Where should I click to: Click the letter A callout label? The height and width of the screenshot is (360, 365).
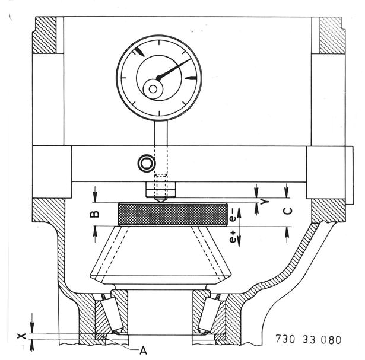(143, 351)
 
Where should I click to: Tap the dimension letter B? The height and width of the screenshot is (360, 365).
(95, 215)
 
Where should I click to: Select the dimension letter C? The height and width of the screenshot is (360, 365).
(288, 211)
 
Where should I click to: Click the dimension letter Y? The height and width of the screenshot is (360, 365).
(265, 202)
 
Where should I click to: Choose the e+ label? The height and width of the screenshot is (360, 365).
(233, 237)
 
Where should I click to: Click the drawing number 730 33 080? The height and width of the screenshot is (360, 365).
(308, 339)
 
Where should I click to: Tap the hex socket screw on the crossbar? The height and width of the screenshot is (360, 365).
(147, 163)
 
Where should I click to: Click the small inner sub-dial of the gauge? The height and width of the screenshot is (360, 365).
(153, 89)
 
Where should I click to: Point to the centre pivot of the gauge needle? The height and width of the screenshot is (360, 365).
(158, 78)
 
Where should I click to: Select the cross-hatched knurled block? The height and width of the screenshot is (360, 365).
(173, 215)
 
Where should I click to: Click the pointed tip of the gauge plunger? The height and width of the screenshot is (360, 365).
(161, 202)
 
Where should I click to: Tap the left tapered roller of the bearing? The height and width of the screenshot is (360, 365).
(111, 314)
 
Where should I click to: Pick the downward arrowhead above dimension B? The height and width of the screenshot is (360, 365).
(95, 197)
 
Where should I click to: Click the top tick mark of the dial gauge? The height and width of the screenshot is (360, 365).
(159, 43)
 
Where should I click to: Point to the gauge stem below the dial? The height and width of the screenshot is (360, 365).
(161, 133)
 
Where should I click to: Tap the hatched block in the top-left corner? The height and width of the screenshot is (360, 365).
(45, 35)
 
